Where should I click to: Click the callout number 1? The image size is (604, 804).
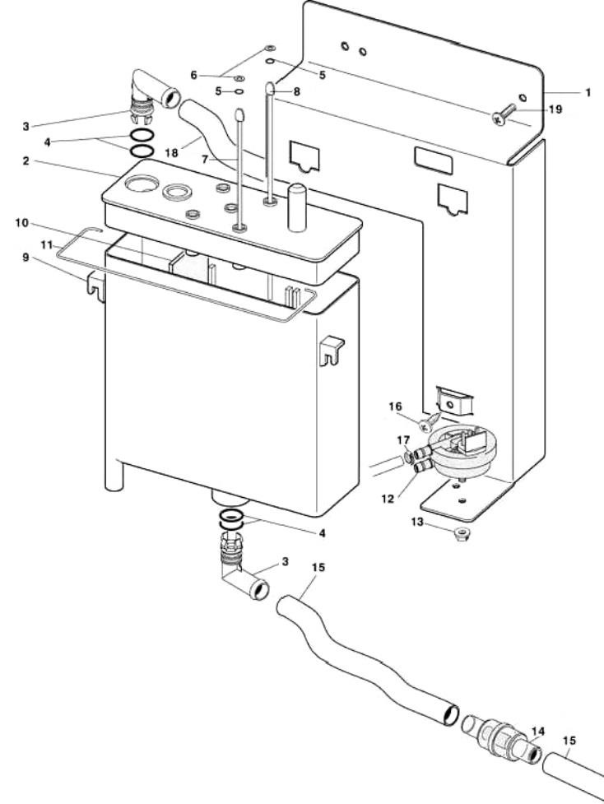coord(588,93)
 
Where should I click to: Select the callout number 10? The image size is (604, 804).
coord(22,222)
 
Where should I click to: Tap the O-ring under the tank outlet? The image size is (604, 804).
coord(231,519)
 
